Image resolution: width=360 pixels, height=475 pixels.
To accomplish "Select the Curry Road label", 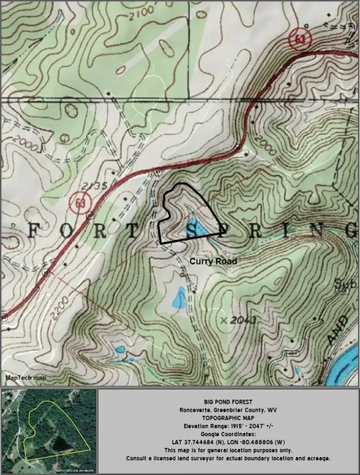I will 213,262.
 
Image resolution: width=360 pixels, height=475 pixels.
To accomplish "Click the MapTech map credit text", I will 25,377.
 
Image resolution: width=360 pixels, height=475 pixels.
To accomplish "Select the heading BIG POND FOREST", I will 229,401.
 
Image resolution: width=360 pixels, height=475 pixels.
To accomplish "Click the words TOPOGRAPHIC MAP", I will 229,417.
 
